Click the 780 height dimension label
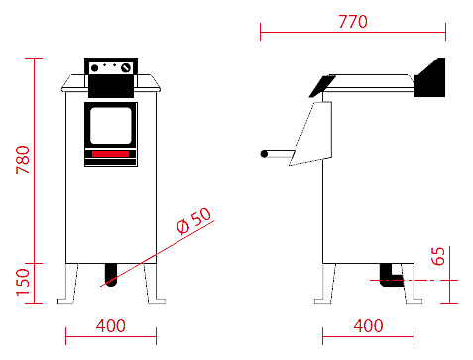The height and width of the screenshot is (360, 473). (23, 160)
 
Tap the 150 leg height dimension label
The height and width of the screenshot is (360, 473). (23, 282)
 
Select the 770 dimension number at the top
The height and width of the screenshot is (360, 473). (353, 22)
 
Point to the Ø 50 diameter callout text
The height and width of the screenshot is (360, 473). (193, 221)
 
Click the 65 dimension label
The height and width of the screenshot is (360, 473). (438, 256)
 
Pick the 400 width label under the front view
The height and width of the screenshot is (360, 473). (111, 326)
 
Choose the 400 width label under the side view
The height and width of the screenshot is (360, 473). (368, 326)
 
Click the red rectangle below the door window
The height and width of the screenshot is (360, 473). (110, 154)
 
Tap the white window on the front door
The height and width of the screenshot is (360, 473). (111, 126)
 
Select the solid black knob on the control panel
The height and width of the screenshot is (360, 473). (94, 68)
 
